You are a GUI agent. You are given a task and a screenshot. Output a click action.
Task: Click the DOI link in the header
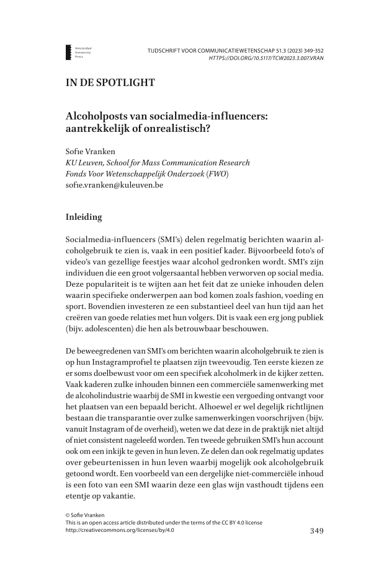pos(266,58)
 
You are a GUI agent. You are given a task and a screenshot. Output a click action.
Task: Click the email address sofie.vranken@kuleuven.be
pos(114,185)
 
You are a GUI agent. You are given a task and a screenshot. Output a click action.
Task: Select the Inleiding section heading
pos(87,217)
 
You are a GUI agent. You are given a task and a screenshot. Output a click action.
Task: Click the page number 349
pos(316,530)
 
